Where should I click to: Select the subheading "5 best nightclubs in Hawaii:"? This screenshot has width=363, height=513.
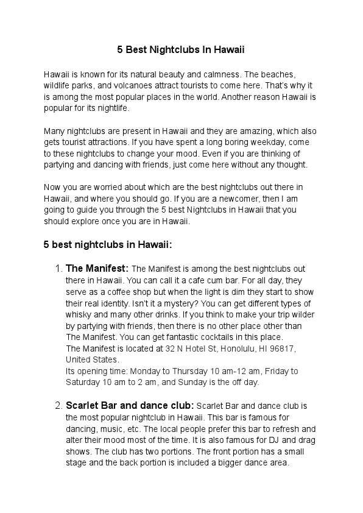pos(108,245)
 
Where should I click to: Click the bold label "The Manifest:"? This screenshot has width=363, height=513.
pos(97,268)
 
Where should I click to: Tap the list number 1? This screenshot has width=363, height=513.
pos(58,268)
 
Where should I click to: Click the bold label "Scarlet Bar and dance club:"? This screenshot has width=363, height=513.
pos(130,405)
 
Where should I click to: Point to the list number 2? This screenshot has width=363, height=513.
pos(58,405)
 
